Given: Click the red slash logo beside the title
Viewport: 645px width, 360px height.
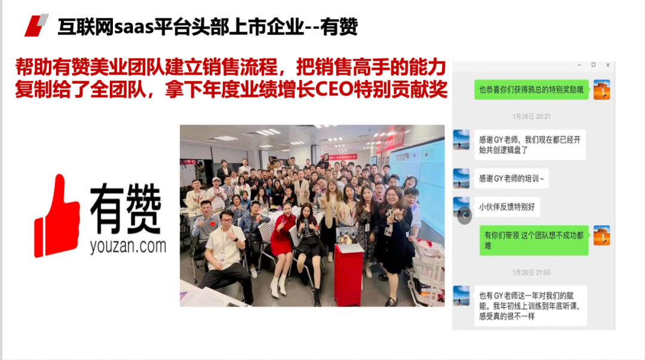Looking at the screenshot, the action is [x=36, y=26].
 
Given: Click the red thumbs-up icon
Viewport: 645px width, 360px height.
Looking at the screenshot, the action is [x=57, y=216].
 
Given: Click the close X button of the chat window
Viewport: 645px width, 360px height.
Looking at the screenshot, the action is [x=607, y=65].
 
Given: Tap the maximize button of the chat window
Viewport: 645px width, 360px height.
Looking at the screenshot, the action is [x=593, y=65].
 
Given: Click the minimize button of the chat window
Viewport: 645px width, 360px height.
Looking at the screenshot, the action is [x=579, y=65].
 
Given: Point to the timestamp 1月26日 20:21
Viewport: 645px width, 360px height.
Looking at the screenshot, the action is [x=531, y=117].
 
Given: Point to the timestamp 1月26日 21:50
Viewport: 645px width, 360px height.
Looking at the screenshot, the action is [x=531, y=273].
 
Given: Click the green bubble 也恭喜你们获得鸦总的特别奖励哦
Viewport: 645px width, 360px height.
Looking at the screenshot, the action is [x=532, y=90].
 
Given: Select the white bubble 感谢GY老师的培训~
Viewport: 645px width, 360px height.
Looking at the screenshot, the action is [x=511, y=179].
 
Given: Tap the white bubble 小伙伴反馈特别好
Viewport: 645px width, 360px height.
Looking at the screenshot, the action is [x=507, y=207].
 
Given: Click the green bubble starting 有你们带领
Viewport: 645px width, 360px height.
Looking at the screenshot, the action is [x=534, y=240].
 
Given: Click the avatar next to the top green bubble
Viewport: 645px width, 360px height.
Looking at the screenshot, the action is [x=601, y=90].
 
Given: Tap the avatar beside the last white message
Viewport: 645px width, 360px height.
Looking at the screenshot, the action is [x=461, y=296].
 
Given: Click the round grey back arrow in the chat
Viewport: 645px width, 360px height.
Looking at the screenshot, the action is [x=465, y=215].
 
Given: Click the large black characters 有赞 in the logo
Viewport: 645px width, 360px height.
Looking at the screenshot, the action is [x=125, y=208].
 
